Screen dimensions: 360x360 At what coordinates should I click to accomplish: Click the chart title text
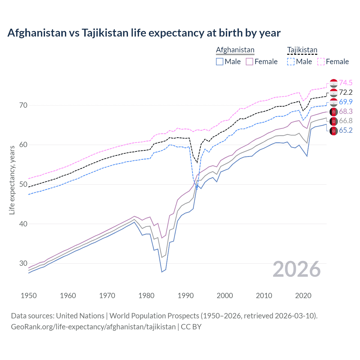click(x=144, y=33)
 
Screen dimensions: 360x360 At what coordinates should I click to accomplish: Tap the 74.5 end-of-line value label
click(x=346, y=83)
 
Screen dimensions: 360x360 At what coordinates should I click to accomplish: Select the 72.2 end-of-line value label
click(x=346, y=92)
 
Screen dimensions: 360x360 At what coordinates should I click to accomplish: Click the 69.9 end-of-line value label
click(x=346, y=102)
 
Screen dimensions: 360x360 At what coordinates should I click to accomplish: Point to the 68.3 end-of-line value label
click(x=346, y=111)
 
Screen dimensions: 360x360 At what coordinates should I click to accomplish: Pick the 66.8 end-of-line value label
click(x=346, y=121)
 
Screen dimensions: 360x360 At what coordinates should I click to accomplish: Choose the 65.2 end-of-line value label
click(x=346, y=130)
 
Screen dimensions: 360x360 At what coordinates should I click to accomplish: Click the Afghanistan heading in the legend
click(x=235, y=50)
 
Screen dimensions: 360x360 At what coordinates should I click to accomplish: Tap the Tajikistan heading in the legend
click(x=302, y=50)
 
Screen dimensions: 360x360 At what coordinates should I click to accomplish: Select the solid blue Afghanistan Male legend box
click(x=220, y=62)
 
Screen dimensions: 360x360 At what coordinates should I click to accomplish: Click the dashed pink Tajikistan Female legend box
click(x=321, y=62)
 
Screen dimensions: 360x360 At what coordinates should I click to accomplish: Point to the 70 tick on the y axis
click(x=23, y=105)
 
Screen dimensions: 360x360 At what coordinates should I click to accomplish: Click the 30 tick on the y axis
click(x=23, y=264)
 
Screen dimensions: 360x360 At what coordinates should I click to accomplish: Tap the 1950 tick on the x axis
click(x=29, y=296)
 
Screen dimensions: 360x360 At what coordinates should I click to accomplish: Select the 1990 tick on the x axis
click(x=186, y=296)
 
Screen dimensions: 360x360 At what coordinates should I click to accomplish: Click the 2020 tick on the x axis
click(x=303, y=296)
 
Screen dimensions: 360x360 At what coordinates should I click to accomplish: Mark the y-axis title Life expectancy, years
click(x=12, y=180)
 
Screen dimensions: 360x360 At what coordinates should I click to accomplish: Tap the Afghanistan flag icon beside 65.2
click(x=334, y=131)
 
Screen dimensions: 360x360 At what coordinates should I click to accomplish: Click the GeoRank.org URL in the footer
click(x=93, y=327)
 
